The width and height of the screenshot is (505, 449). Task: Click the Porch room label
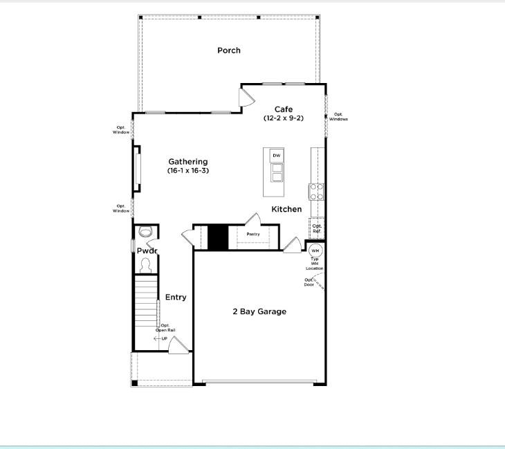coord(229,51)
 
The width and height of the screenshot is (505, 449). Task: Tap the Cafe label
coord(284,109)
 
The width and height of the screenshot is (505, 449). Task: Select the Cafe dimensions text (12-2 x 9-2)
coord(284,118)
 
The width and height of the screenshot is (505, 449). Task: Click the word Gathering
coord(188,162)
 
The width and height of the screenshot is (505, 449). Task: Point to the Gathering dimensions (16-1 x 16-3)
coord(188,170)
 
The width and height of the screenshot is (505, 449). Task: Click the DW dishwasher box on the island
coord(277,156)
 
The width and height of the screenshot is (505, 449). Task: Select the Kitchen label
coord(286,209)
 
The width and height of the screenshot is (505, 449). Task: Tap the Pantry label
coord(253,235)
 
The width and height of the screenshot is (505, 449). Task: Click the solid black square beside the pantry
coord(218,237)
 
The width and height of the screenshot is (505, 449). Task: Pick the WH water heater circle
coord(315,250)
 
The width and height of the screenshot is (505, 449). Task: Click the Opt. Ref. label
coord(317,228)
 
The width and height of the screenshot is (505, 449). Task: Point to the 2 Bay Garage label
coord(259,311)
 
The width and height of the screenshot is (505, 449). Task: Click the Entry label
coord(176,297)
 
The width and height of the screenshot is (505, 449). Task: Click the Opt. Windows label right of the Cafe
coord(338,117)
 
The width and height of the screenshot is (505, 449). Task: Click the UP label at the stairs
coord(165,338)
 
